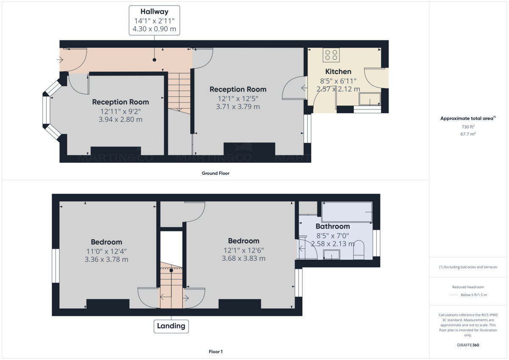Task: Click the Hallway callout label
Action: click(154, 20)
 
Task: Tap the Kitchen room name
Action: click(338, 72)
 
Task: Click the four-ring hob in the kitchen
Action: click(331, 55)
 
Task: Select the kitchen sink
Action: click(370, 99)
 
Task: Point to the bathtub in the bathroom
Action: click(347, 212)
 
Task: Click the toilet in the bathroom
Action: click(359, 250)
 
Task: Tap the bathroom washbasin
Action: click(332, 254)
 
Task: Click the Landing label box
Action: click(171, 326)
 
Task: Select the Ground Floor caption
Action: click(215, 173)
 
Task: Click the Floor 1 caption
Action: click(215, 352)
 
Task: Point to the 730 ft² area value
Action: click(468, 127)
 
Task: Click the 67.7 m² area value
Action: click(468, 134)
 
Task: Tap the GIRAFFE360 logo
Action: click(468, 345)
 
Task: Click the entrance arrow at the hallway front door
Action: click(60, 60)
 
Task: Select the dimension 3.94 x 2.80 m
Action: click(120, 120)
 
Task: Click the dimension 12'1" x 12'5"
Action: click(238, 98)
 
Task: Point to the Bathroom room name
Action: click(333, 226)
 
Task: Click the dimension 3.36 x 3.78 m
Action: click(106, 260)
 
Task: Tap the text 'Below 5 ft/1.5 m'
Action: click(474, 295)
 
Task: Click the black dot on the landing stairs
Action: click(171, 271)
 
